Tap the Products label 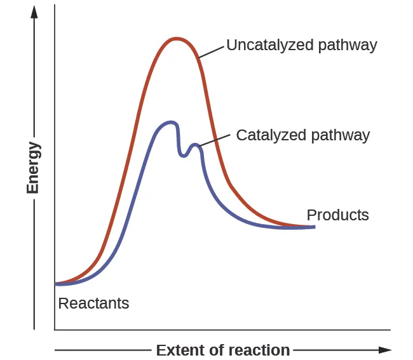click(337, 215)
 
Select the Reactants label click(93, 303)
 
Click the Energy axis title click(33, 168)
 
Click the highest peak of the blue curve click(169, 122)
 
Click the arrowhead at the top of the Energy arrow click(34, 11)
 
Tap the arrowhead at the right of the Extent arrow click(386, 350)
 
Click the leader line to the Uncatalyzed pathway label click(211, 51)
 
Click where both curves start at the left click(57, 283)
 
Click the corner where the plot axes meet click(55, 330)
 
